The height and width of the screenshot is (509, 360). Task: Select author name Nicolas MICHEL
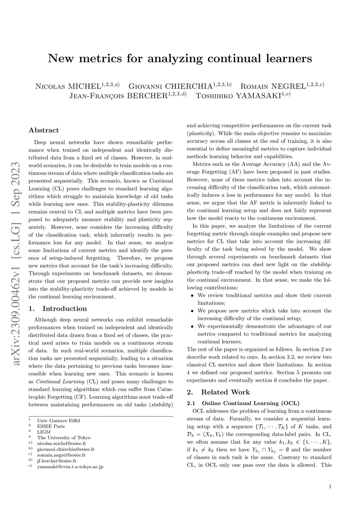(x=68, y=86)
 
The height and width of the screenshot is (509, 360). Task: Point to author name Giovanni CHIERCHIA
(x=171, y=86)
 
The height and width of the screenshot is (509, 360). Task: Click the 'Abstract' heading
(x=44, y=130)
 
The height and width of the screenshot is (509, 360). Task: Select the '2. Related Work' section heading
(x=218, y=392)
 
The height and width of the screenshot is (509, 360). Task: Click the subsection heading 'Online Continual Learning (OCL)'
(x=251, y=403)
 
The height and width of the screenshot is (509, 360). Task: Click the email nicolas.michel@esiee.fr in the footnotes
(x=62, y=444)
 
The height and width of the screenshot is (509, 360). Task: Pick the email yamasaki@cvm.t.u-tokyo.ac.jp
(x=70, y=466)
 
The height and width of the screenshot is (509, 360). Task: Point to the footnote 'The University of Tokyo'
(x=64, y=438)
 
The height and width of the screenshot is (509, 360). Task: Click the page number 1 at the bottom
(x=330, y=487)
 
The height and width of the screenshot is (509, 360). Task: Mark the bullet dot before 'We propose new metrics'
(x=192, y=311)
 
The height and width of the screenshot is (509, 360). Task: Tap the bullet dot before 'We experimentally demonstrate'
(x=192, y=327)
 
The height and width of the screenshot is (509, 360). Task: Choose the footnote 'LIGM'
(x=44, y=432)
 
